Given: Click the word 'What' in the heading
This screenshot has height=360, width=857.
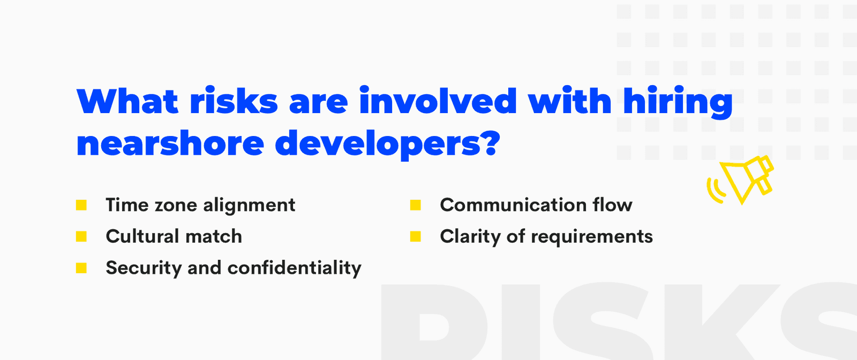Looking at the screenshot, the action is click(x=127, y=101).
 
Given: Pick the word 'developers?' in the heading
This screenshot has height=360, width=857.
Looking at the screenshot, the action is click(x=388, y=145).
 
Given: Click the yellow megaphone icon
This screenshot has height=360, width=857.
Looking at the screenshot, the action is click(x=740, y=180).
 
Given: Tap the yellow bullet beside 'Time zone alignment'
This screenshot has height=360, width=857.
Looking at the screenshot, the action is click(x=81, y=205).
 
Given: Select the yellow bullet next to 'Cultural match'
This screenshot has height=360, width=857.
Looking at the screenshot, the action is click(x=81, y=236).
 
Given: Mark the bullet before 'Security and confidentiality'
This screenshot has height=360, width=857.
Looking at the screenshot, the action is click(x=81, y=268).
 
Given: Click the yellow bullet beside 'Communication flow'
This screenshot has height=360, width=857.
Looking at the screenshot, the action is click(x=416, y=205).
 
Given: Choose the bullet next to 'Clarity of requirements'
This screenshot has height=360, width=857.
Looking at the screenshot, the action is click(x=416, y=236).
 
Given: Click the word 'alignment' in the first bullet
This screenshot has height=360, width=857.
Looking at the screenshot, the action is click(x=249, y=206).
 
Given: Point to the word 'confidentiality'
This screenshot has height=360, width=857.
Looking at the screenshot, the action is click(x=295, y=268).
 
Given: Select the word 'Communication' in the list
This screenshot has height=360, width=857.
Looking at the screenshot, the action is click(x=513, y=205).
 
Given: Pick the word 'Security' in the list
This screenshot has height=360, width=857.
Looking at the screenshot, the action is click(x=144, y=268).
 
